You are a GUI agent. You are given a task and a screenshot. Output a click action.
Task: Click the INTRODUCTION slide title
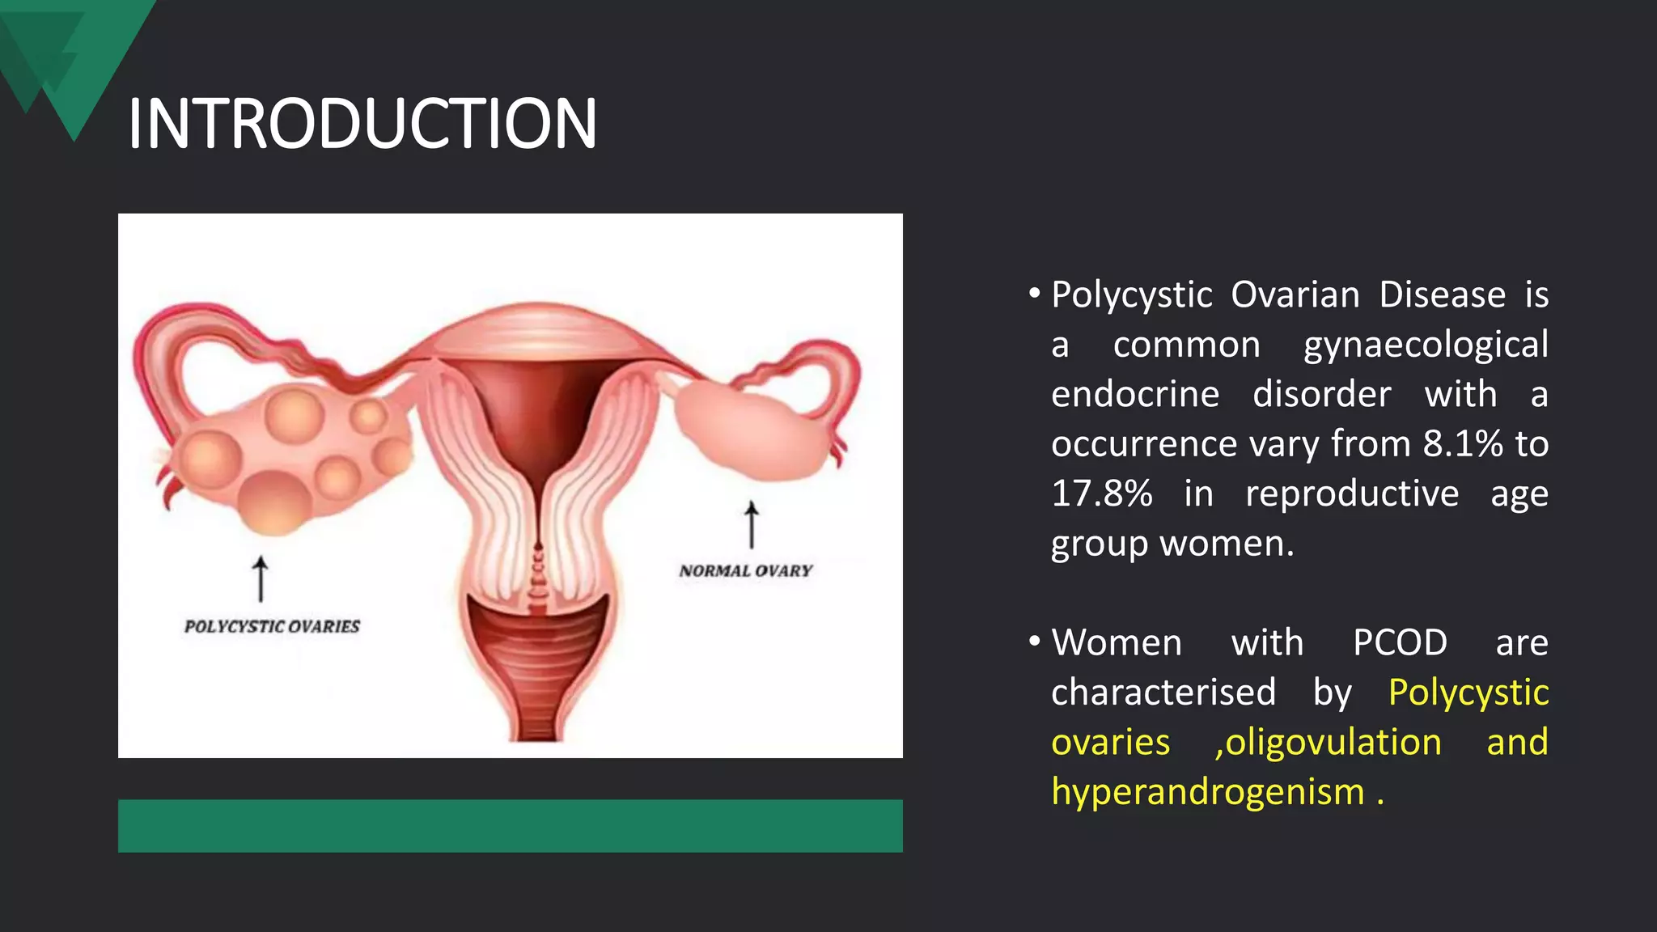coord(362,124)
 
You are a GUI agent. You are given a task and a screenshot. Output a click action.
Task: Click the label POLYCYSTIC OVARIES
coord(272,626)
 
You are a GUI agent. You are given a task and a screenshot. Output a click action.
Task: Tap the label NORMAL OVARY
coord(745,570)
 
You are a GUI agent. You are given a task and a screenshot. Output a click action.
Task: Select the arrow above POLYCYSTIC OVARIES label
coord(261,578)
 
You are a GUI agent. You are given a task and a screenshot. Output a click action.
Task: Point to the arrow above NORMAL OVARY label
coord(752,524)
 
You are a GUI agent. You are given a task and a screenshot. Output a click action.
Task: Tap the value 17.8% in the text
coord(1101,494)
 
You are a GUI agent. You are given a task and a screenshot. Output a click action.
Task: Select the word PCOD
coord(1400,642)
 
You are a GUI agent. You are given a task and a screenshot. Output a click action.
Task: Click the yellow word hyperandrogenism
coord(1207,791)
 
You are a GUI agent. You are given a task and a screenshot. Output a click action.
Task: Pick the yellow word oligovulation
coord(1329,742)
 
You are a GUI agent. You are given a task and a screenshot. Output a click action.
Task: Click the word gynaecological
coord(1426,345)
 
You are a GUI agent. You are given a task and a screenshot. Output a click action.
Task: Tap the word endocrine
coord(1134,394)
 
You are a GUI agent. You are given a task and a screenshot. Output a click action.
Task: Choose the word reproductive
coord(1351,494)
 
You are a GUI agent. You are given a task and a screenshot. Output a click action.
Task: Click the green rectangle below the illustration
coord(510,825)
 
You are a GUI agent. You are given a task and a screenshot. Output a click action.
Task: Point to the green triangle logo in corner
coord(73,57)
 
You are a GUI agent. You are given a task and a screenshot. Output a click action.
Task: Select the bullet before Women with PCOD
coord(1034,642)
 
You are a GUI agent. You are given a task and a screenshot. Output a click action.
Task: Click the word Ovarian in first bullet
coord(1295,294)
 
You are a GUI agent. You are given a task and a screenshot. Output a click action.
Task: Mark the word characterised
coord(1163,693)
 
